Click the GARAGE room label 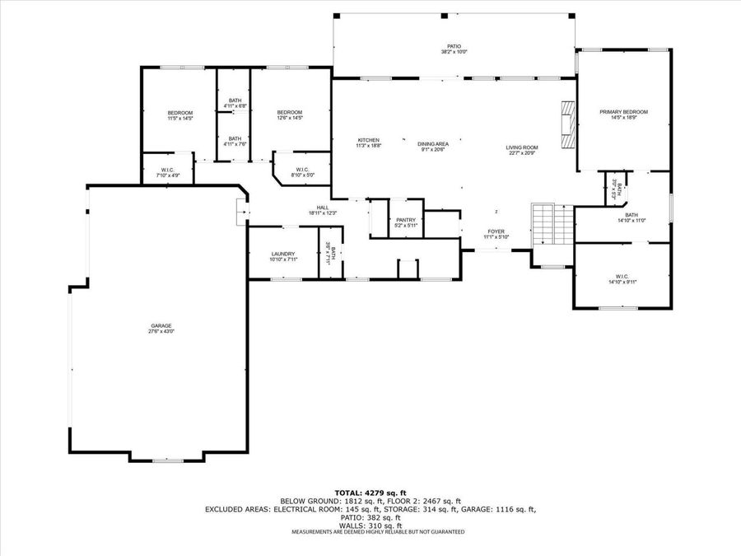coord(161,325)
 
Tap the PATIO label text coord(454,46)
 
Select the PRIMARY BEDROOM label coord(623,112)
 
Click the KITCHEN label coord(368,139)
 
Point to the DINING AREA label coord(432,144)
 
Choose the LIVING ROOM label coord(521,147)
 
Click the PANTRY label coord(406,220)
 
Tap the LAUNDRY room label coord(282,254)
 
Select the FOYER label coord(496,231)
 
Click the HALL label coord(324,208)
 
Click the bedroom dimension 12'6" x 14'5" coord(290,118)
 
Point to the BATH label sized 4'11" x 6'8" coord(235,100)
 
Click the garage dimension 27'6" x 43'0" coord(161,331)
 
